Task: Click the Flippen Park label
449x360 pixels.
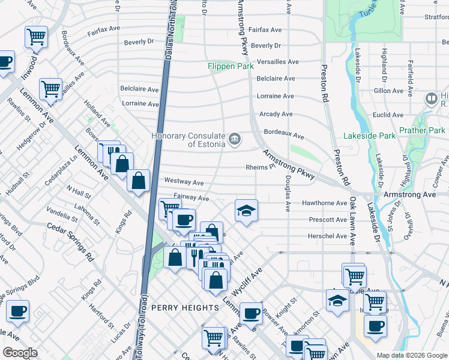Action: [x=231, y=67]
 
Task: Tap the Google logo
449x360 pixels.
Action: [x=20, y=353]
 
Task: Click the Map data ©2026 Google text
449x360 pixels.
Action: [x=412, y=355]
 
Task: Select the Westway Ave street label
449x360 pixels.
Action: [x=184, y=182]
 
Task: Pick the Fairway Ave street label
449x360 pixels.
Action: [x=191, y=197]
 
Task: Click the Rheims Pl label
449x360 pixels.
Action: [x=260, y=168]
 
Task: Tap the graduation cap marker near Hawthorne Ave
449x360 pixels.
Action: [x=246, y=211]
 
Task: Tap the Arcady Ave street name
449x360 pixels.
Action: [x=276, y=114]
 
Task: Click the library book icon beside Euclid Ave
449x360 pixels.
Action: [x=431, y=98]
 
